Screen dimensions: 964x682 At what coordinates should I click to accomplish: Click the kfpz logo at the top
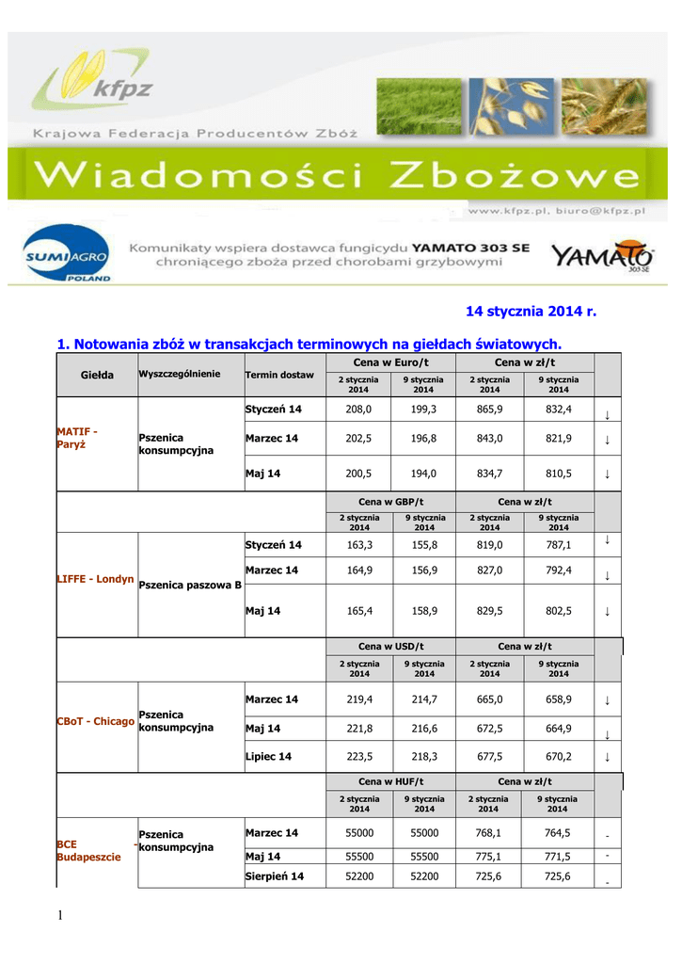click(x=93, y=83)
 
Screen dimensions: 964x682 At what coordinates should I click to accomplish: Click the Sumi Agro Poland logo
click(x=66, y=256)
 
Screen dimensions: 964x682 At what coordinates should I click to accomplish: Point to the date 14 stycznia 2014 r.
click(x=531, y=311)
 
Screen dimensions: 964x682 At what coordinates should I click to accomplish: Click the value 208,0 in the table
click(x=358, y=410)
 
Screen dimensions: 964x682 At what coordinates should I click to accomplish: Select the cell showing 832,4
click(x=559, y=410)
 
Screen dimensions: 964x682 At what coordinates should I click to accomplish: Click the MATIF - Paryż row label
click(x=78, y=438)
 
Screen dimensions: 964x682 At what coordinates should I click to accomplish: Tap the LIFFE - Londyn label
click(x=96, y=579)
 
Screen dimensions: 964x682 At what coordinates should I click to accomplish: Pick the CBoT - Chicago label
click(x=96, y=721)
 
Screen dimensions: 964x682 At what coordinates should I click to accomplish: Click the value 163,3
click(x=358, y=544)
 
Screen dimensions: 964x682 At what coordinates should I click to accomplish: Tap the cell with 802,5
click(x=559, y=611)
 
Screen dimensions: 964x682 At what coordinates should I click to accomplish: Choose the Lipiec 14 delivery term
click(x=268, y=756)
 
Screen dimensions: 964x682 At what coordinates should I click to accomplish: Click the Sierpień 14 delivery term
click(x=274, y=876)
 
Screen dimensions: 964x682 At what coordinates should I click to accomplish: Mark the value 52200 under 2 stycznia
click(x=358, y=876)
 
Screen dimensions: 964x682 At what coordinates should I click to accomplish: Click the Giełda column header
click(x=97, y=375)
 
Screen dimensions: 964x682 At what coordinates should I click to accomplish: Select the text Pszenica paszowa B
click(x=190, y=585)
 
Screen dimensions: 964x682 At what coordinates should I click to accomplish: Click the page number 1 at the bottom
click(x=60, y=918)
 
